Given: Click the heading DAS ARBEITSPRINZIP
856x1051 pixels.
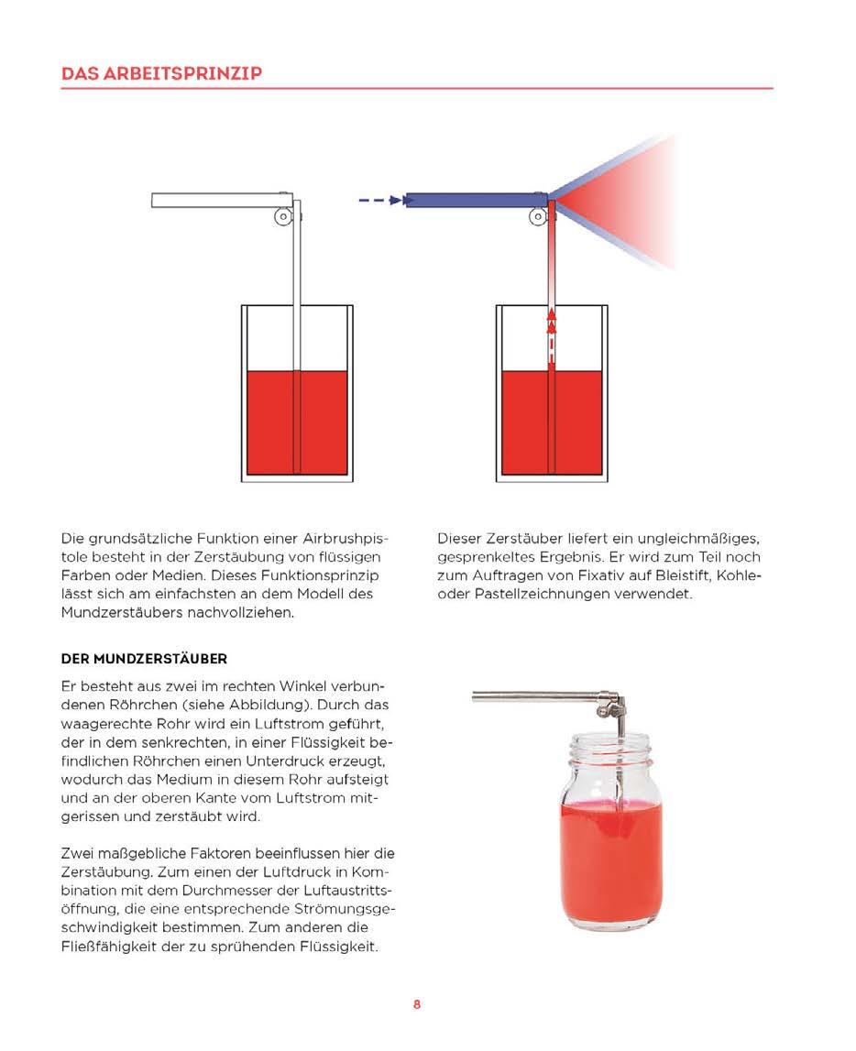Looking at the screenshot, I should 161,73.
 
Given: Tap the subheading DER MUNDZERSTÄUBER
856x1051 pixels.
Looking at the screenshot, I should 144,659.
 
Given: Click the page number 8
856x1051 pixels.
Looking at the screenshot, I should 417,1004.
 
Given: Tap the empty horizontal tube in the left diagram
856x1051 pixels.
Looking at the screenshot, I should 220,200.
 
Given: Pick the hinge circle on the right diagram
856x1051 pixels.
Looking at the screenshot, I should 539,217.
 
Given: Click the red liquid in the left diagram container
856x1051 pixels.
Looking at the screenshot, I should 270,421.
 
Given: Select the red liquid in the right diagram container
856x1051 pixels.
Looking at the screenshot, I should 525,421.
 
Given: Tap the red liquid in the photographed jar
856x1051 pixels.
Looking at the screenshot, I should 609,852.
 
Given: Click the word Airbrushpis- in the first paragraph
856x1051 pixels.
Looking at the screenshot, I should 353,539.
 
